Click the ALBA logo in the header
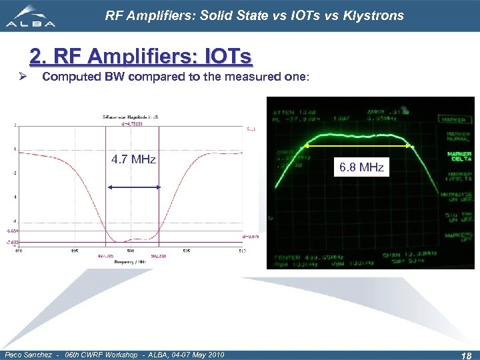pyautogui.click(x=31, y=16)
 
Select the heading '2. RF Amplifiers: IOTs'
pyautogui.click(x=141, y=56)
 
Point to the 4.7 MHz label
pyautogui.click(x=133, y=159)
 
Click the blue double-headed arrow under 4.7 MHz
pyautogui.click(x=133, y=187)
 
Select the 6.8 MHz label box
pyautogui.click(x=361, y=167)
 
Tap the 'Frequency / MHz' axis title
pyautogui.click(x=131, y=263)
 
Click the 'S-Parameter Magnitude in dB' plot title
pyautogui.click(x=130, y=117)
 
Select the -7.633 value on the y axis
pyautogui.click(x=12, y=243)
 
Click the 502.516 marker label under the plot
pyautogui.click(x=157, y=255)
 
